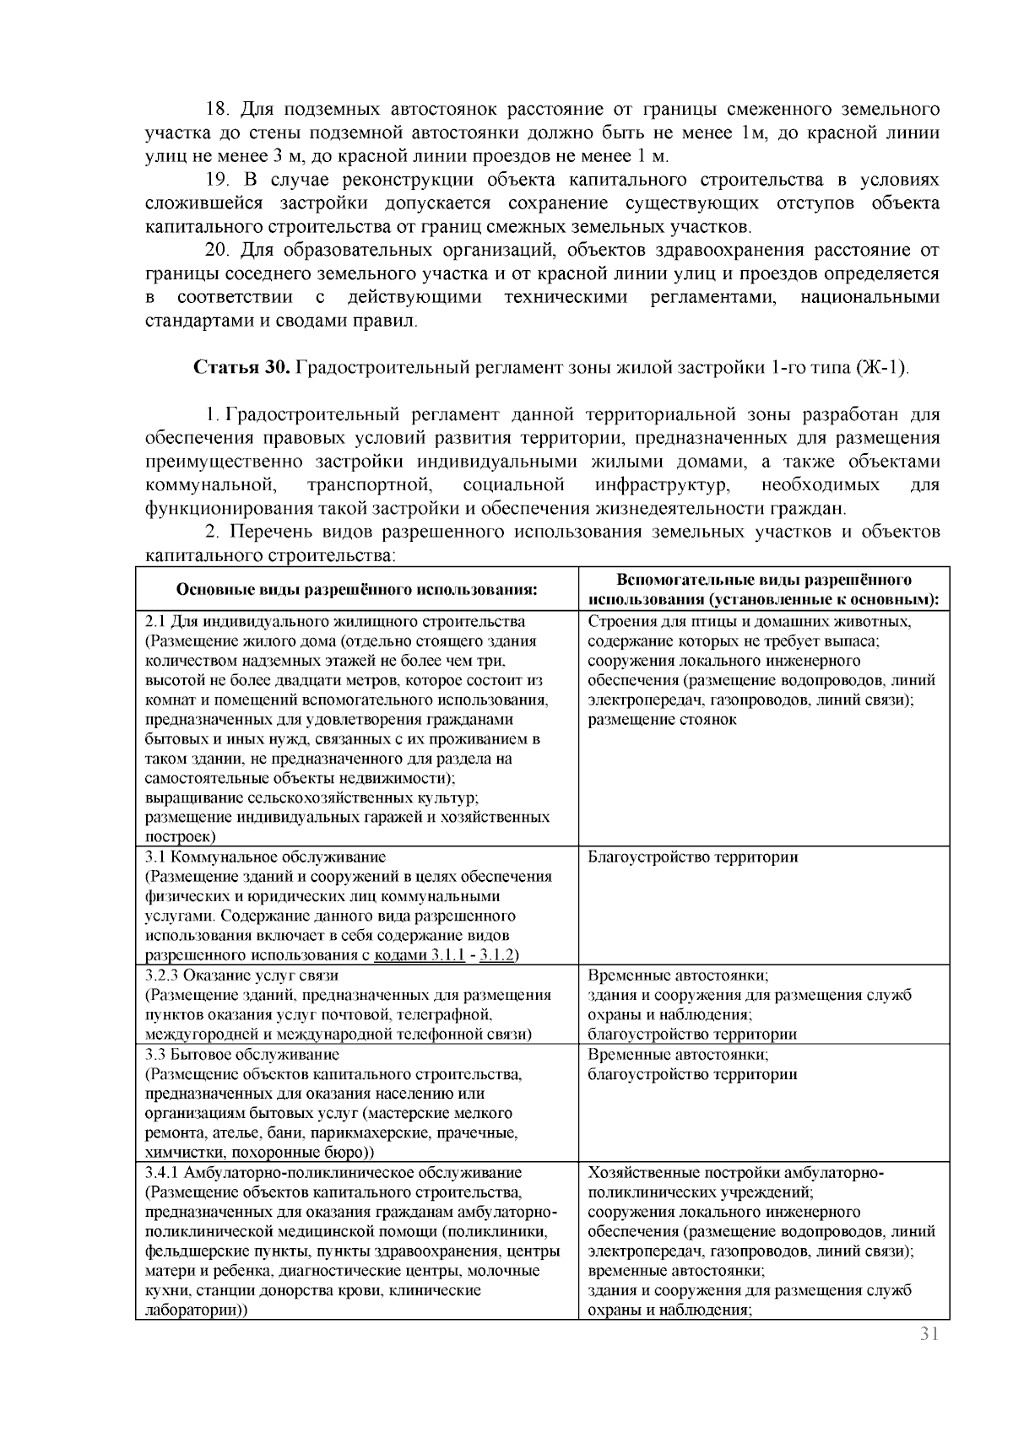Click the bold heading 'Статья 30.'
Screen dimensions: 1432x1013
[242, 368]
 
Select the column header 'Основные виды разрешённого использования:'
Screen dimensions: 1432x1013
[356, 589]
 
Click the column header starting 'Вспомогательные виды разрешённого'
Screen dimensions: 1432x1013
[764, 581]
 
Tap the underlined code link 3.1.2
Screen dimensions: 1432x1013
[497, 955]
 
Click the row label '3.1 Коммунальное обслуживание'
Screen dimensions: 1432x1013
[266, 856]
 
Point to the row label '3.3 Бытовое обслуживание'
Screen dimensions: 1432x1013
[242, 1054]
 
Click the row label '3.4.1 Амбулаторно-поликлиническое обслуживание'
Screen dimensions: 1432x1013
[333, 1172]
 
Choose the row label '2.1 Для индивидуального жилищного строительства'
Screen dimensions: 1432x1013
[335, 622]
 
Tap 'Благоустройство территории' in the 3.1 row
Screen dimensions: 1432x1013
[692, 856]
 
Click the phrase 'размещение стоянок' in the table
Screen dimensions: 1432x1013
[662, 720]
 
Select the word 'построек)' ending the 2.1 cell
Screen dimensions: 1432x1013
[180, 836]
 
